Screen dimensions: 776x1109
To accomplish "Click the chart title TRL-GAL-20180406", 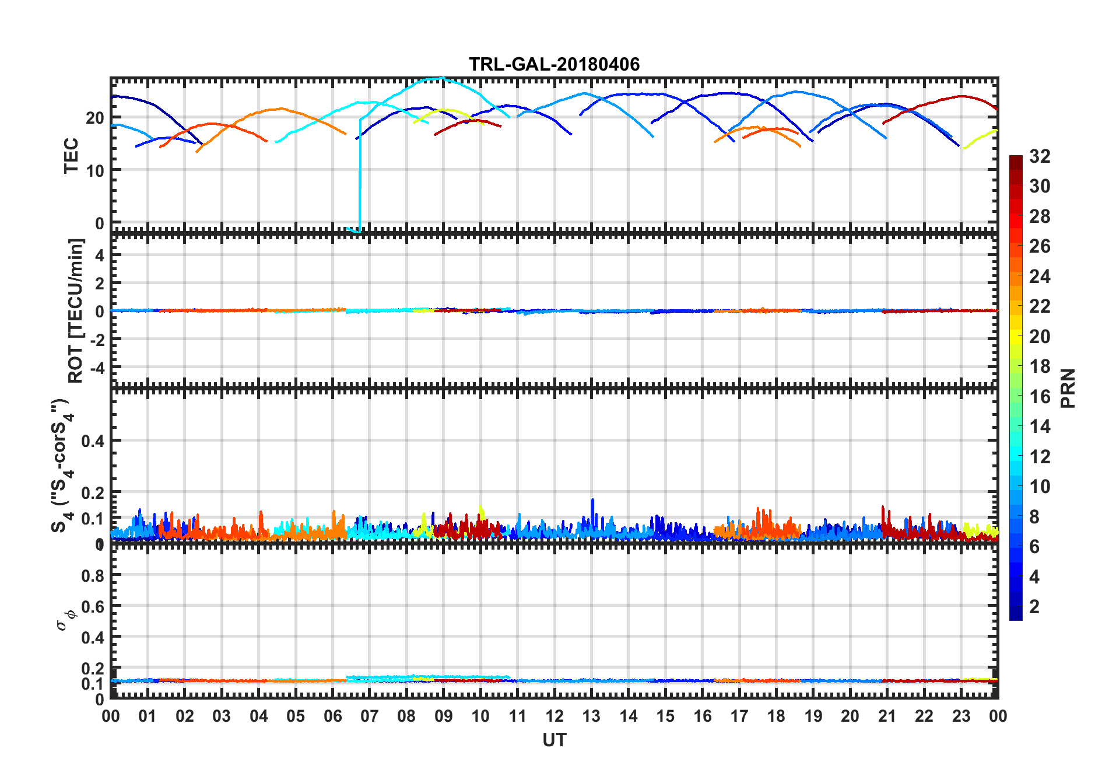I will coord(554,64).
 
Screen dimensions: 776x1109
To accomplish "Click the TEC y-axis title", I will coord(71,155).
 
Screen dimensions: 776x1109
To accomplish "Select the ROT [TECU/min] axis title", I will coord(76,310).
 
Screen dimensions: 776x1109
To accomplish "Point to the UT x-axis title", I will coord(554,740).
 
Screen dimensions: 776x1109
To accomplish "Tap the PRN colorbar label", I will coord(1068,388).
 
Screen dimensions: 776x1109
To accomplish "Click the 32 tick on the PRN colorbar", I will coord(1040,156).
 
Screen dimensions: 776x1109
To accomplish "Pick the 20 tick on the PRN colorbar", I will coord(1040,337).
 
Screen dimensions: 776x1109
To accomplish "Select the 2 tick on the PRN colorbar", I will coord(1034,607).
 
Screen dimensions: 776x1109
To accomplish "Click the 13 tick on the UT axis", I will coord(591,716).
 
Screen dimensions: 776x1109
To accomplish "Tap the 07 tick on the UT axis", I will coord(369,716).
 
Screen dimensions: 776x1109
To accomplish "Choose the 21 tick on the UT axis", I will coord(887,716).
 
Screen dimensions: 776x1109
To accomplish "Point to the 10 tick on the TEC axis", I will coord(95,170).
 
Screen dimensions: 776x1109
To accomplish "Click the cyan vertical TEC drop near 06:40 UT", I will coord(360,175).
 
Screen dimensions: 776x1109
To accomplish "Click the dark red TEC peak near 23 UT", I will coord(961,96).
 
